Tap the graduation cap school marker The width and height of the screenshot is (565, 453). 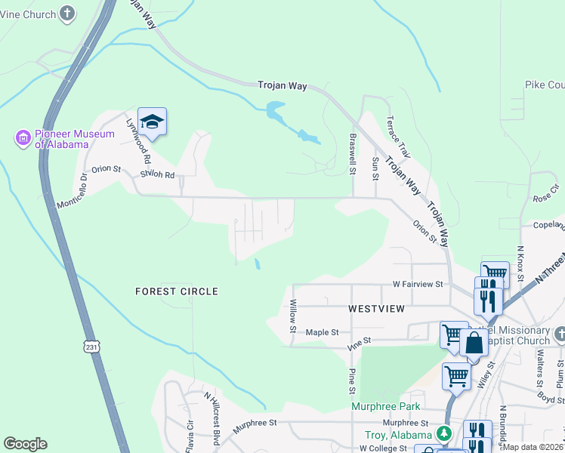coord(152,122)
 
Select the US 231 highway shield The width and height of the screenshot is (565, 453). coord(91,347)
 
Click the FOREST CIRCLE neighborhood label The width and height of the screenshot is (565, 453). coord(177,291)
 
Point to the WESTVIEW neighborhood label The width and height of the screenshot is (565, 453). coord(376,309)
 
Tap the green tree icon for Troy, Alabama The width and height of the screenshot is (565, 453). coord(446,433)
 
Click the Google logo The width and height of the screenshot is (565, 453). coord(25,444)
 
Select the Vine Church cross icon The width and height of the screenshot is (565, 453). coord(68,14)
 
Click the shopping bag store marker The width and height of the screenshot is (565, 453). coord(474,343)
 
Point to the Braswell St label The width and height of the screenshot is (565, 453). coord(352,155)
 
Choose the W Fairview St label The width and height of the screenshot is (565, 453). coord(417,285)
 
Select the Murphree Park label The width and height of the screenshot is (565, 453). coord(386,406)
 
